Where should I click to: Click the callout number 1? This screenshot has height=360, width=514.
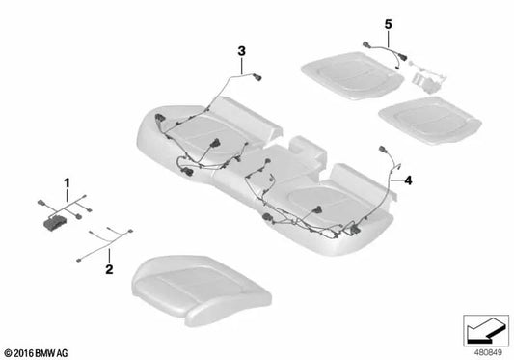coord(67,181)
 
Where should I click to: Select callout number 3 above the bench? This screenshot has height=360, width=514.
coord(242,49)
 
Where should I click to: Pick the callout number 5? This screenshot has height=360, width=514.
coord(388,20)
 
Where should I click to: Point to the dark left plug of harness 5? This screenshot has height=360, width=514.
coord(367,44)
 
